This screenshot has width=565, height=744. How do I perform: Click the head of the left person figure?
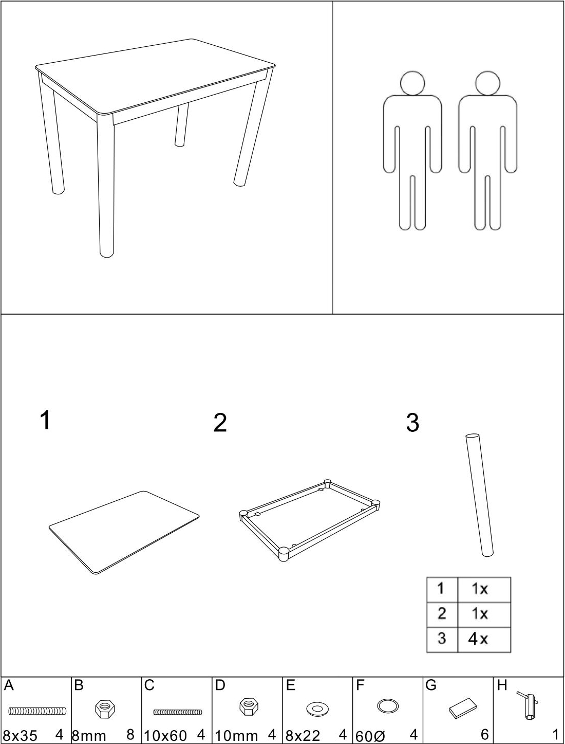click(x=412, y=83)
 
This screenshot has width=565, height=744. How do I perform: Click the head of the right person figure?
click(x=487, y=83)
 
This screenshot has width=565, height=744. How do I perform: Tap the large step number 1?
click(x=45, y=420)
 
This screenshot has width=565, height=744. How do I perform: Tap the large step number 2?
click(x=220, y=422)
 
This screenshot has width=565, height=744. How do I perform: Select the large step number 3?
click(x=412, y=422)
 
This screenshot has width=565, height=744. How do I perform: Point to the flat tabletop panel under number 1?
click(x=124, y=533)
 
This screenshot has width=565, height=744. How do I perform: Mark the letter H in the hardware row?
click(x=502, y=686)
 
